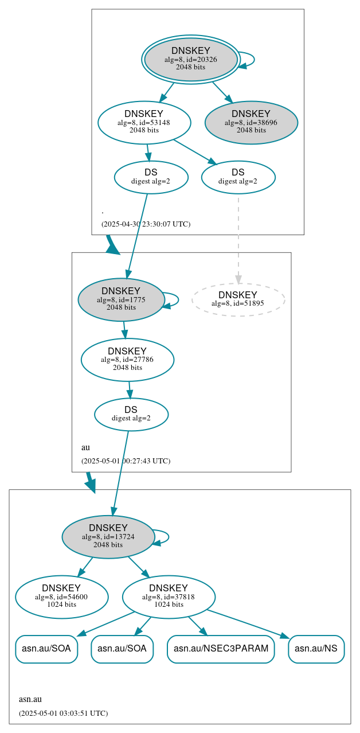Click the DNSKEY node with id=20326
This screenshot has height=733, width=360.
click(x=190, y=59)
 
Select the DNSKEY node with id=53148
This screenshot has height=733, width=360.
click(x=144, y=122)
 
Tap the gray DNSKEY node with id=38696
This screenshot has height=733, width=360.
click(x=251, y=122)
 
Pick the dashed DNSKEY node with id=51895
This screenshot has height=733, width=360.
click(x=238, y=299)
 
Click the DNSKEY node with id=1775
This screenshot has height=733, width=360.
click(x=121, y=299)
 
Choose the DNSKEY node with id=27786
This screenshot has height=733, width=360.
click(x=127, y=360)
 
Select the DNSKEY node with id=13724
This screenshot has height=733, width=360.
click(x=108, y=536)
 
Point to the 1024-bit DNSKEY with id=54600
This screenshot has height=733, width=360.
click(x=61, y=596)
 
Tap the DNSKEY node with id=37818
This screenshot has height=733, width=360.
click(x=169, y=596)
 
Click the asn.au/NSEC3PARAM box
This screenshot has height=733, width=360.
click(x=221, y=649)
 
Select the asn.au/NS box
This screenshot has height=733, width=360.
click(x=316, y=649)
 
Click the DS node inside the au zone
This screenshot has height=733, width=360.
click(x=131, y=414)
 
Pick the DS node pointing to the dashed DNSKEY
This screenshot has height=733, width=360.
click(x=238, y=177)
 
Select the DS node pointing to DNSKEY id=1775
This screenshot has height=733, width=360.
click(x=151, y=177)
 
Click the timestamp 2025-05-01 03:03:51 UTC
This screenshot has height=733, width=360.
click(x=63, y=713)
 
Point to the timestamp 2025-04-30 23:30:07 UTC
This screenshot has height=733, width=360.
click(x=146, y=224)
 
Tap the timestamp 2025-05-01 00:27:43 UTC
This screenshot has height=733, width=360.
click(x=126, y=461)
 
